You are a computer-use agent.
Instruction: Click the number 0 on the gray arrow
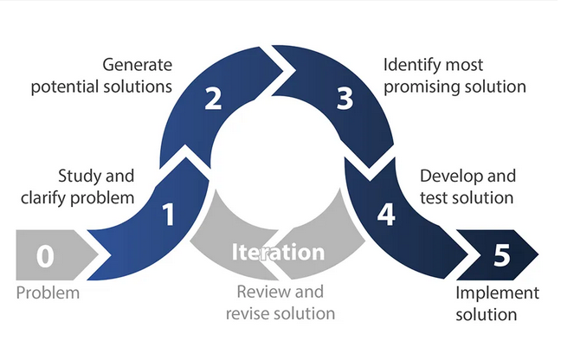(46, 256)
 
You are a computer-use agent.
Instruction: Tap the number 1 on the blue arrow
(169, 214)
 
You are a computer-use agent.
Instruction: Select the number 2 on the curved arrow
(213, 100)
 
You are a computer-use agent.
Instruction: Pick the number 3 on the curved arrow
(345, 100)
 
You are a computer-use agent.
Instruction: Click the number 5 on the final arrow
(501, 256)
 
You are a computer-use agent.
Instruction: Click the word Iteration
(277, 252)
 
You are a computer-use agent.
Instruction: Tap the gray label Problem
(48, 292)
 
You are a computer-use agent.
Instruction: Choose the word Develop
(450, 177)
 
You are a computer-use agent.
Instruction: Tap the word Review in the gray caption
(261, 292)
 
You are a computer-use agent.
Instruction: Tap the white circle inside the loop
(278, 164)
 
